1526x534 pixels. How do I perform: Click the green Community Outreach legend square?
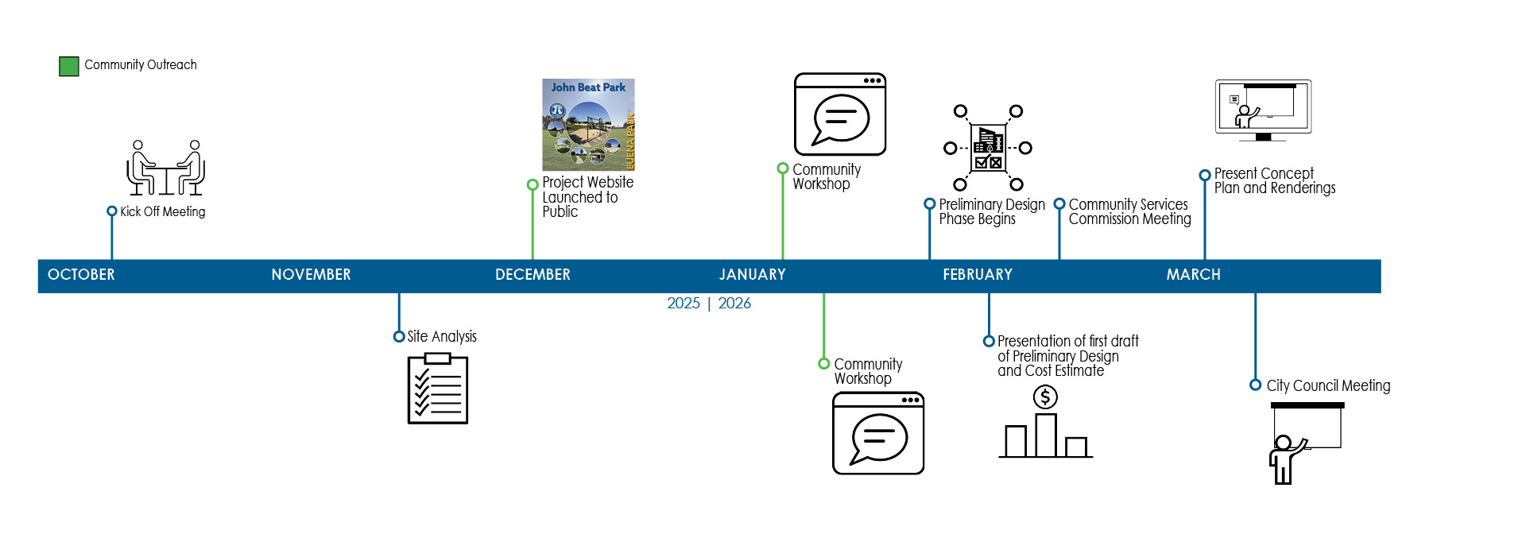click(x=69, y=66)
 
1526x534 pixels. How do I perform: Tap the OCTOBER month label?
click(x=81, y=275)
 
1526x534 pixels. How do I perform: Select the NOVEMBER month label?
click(x=311, y=275)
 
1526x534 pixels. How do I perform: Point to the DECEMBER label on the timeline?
click(x=533, y=275)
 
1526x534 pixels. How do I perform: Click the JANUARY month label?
click(x=752, y=275)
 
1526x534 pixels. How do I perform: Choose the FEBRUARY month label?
click(x=978, y=275)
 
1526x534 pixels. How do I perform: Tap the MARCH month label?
click(x=1193, y=275)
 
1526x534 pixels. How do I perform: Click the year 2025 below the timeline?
click(x=684, y=304)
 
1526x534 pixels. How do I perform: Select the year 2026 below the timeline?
click(x=734, y=304)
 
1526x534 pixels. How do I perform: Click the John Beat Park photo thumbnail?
click(x=588, y=125)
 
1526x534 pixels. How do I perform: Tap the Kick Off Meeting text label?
click(x=162, y=212)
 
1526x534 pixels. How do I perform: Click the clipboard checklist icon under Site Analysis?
click(x=437, y=389)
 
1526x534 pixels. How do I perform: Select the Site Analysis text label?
click(x=442, y=337)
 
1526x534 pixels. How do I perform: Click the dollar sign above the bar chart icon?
click(x=1045, y=397)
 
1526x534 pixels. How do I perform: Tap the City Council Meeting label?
click(x=1328, y=386)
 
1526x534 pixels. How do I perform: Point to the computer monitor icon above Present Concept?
click(x=1263, y=109)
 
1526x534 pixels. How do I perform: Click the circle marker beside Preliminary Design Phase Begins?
click(x=929, y=204)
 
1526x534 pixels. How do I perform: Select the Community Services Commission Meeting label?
click(x=1129, y=212)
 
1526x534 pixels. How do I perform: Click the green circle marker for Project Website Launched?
click(x=533, y=185)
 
